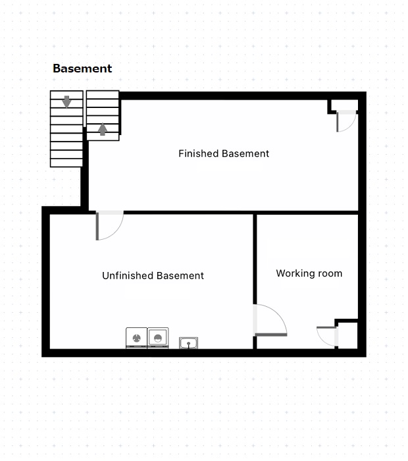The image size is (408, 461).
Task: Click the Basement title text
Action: [82, 68]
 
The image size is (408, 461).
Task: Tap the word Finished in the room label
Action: [199, 153]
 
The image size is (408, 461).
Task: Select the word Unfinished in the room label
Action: [128, 275]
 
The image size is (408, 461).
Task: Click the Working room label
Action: [309, 273]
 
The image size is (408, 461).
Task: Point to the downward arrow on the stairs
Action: [66, 101]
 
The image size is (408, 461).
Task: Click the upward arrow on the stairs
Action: [102, 129]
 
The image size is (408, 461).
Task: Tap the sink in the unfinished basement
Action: [188, 343]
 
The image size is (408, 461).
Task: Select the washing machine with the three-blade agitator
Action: [136, 338]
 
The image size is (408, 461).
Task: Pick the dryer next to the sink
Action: [158, 338]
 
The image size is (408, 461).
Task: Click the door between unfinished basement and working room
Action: [270, 320]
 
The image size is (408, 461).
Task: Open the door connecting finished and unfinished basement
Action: [109, 225]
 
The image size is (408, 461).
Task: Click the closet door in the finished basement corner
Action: [346, 121]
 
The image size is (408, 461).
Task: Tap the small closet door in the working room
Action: [327, 337]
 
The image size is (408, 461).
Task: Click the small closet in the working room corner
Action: [347, 335]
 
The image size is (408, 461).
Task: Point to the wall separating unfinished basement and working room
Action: [255, 259]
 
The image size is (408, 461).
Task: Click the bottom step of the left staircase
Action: [66, 163]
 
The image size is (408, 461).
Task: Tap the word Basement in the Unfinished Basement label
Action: [180, 275]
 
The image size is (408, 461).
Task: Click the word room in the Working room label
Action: [330, 274]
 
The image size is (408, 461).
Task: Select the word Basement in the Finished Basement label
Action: [245, 153]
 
